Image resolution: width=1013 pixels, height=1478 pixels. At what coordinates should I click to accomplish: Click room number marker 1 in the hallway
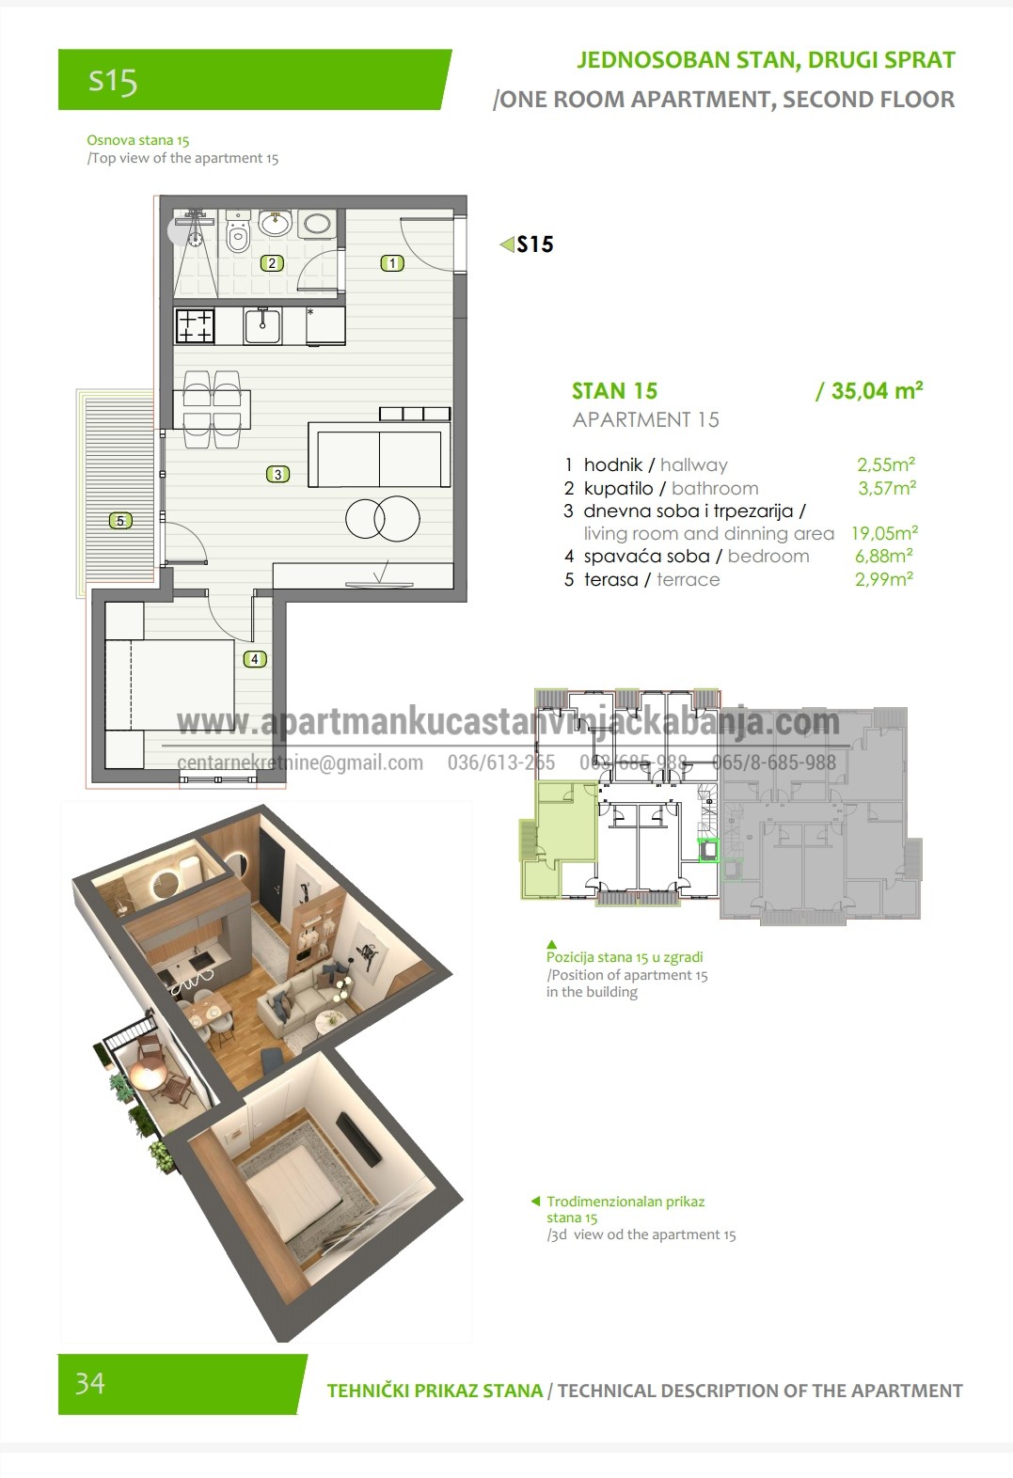coord(392,263)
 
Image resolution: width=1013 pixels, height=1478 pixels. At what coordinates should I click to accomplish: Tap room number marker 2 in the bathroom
coord(272,263)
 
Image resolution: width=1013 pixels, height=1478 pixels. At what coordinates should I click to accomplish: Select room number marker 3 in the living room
coord(277,474)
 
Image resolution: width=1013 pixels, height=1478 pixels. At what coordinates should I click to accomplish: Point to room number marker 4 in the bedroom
coord(255,658)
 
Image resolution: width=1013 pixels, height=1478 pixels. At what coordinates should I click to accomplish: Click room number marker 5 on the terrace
coord(120,521)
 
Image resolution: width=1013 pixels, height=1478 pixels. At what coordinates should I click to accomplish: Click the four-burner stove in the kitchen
coord(195,326)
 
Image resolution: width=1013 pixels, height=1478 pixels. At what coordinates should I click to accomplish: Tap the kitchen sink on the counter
coord(262,326)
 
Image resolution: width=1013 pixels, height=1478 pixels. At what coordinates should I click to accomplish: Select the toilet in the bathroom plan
coord(238,231)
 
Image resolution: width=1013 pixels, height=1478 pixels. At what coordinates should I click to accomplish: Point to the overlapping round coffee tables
coord(383,519)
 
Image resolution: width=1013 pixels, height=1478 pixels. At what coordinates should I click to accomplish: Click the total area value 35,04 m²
coord(869,391)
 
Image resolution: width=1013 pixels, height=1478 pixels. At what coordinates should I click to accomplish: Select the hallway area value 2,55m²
coord(886,464)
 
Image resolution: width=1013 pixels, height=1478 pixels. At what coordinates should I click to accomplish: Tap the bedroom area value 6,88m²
coord(883,556)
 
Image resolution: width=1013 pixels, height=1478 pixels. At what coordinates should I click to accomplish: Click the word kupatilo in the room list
coord(618,488)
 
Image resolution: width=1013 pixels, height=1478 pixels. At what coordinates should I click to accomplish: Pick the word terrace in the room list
coord(688,579)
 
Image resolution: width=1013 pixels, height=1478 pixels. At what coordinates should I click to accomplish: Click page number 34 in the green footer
coord(90,1383)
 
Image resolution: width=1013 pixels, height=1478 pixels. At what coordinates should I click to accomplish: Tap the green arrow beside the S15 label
coord(507,244)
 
